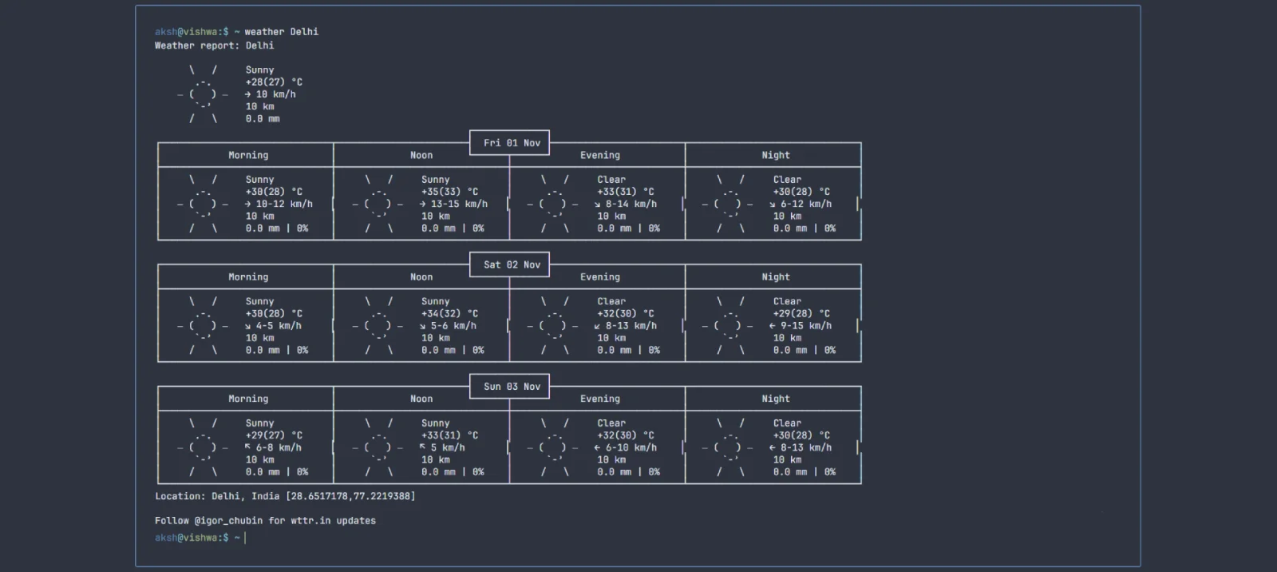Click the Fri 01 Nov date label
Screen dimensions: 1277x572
(512, 143)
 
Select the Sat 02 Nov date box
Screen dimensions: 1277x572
(510, 264)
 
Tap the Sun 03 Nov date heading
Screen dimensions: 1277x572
(512, 387)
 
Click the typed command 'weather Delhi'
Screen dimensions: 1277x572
(282, 32)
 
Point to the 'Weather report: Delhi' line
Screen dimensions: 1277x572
(215, 46)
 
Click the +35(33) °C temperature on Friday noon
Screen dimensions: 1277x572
(450, 192)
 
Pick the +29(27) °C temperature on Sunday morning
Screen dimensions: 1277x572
(275, 435)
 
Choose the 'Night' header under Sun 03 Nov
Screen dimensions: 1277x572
(776, 399)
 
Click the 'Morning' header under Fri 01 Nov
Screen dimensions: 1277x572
(248, 155)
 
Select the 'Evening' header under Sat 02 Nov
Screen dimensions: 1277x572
(599, 277)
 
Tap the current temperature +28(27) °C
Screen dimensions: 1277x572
(275, 82)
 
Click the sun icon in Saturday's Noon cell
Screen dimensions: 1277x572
(378, 325)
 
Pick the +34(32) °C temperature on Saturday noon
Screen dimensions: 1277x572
(450, 314)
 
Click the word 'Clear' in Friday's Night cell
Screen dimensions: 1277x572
(787, 179)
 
